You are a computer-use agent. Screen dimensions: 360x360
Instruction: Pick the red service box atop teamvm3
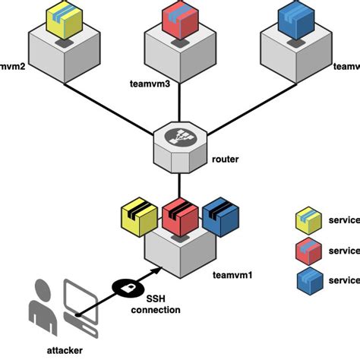tap(181, 20)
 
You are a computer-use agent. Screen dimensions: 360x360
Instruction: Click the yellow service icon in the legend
tap(308, 222)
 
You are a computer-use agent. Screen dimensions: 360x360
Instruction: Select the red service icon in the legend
tap(308, 251)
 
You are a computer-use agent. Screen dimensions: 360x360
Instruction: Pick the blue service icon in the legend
tap(308, 279)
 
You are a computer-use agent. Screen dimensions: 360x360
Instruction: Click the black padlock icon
tap(125, 286)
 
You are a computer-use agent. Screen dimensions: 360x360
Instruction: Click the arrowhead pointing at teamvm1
tap(156, 269)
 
